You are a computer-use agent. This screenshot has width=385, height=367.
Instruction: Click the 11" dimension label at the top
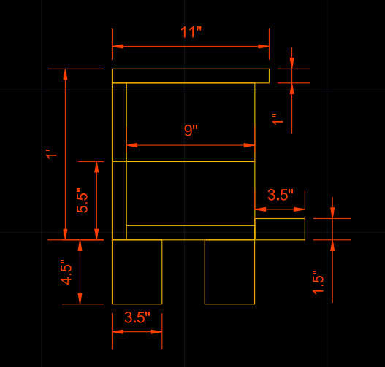[x=191, y=32]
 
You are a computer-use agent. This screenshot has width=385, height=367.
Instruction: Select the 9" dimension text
[x=191, y=131]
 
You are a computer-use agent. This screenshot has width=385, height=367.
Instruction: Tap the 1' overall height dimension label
[x=52, y=154]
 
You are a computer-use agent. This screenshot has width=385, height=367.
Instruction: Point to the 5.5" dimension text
[x=83, y=201]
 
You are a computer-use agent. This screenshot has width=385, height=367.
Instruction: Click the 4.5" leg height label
[x=66, y=272]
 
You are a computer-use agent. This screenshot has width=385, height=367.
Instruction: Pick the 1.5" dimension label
[x=319, y=282]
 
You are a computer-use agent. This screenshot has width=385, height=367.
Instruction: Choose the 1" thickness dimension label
[x=278, y=120]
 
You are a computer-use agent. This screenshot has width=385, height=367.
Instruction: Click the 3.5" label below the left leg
[x=137, y=317]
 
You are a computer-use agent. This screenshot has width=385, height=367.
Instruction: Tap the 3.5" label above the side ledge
[x=281, y=195]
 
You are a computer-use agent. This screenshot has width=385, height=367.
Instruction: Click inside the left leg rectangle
[x=137, y=272]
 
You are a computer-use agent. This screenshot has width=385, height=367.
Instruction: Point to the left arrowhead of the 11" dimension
[x=118, y=47]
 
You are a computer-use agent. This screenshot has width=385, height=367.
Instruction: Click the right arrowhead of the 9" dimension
[x=249, y=145]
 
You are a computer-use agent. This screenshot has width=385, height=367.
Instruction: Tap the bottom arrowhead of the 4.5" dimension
[x=80, y=298]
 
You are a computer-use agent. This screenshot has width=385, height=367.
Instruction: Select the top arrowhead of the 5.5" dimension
[x=96, y=167]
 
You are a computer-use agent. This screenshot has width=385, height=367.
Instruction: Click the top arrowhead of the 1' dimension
[x=65, y=74]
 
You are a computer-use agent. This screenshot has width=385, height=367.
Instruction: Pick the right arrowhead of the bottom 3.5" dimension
[x=156, y=332]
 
